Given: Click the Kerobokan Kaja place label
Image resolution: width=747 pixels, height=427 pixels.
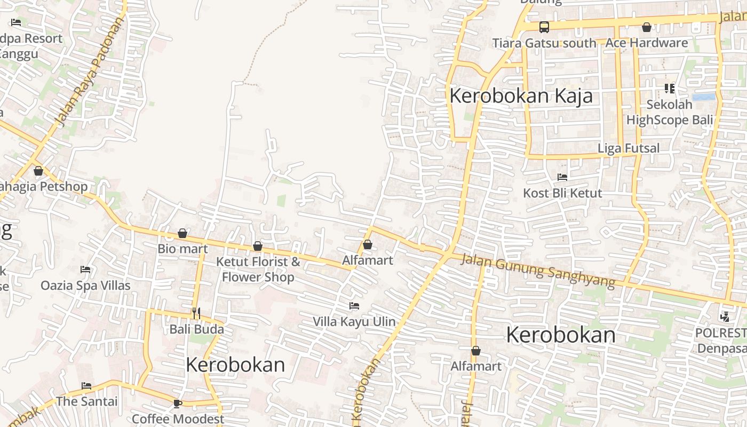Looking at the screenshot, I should coord(521,96).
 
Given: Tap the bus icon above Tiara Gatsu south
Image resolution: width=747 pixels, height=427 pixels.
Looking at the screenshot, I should coord(544,27).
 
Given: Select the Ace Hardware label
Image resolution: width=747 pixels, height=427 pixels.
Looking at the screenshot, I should coord(647,43).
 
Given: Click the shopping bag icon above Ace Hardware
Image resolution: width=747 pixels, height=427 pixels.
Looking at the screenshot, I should coord(647,27).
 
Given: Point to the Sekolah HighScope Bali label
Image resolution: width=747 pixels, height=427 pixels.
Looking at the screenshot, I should coord(670,112).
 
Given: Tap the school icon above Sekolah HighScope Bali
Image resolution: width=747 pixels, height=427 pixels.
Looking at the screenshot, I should coord(669,88).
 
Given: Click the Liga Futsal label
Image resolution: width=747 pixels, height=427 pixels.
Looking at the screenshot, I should coord(629,148).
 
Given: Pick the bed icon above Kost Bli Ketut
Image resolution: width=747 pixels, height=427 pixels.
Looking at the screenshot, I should coord(562,177).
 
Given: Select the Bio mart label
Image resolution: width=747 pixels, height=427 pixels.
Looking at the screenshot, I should coord(182,249).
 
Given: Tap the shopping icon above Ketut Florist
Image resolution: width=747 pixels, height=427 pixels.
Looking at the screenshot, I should coord(258,246).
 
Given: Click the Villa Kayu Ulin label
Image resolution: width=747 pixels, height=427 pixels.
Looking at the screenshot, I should coord(354,321).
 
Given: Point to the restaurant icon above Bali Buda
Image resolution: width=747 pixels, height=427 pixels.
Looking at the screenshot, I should coord(196,313).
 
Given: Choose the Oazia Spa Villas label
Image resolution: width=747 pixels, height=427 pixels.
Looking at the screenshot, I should coord(85,285).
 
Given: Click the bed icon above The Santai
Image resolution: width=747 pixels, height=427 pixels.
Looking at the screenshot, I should coord(86,385).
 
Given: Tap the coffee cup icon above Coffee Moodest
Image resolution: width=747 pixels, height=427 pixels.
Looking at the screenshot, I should coord(178,403).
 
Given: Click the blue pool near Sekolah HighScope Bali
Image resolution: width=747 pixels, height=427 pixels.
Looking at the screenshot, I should coord(704,97).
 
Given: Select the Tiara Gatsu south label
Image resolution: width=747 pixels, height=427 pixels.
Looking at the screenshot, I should coord(544,43).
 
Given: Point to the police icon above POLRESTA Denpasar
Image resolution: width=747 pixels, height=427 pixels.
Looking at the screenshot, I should coord(725,317).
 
